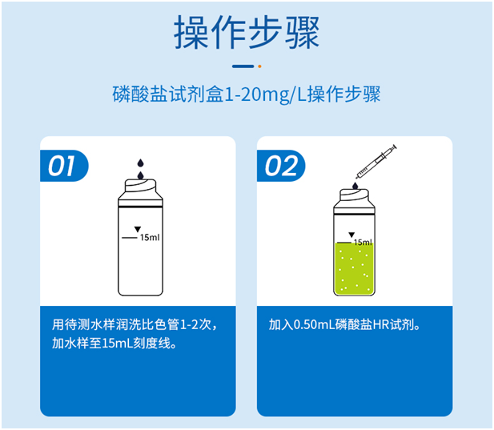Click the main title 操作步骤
click(246, 31)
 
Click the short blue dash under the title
click(242, 66)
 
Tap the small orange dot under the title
click(259, 66)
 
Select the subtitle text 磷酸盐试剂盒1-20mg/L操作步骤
click(246, 96)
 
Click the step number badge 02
click(281, 167)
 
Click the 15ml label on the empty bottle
click(150, 238)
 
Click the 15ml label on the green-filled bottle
click(363, 242)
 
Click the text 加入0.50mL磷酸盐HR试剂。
click(345, 326)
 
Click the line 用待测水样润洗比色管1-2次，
click(135, 326)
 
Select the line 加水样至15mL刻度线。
click(114, 345)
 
